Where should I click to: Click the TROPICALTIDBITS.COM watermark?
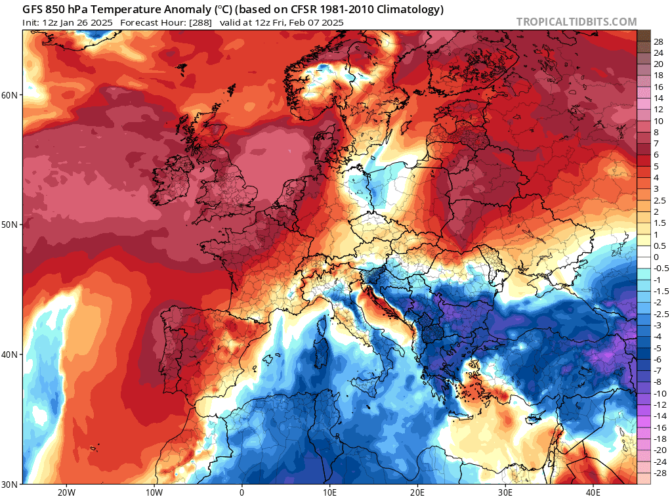576,22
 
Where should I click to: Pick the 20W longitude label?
66,492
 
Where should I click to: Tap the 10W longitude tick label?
154,492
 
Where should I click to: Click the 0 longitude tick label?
241,492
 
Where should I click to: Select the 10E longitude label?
329,492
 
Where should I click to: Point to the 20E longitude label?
417,492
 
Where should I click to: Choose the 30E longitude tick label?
505,492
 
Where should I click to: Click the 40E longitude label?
593,492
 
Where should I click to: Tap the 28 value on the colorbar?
659,41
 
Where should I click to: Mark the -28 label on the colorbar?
660,473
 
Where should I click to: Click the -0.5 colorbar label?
661,268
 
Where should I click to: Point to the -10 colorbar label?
660,393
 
